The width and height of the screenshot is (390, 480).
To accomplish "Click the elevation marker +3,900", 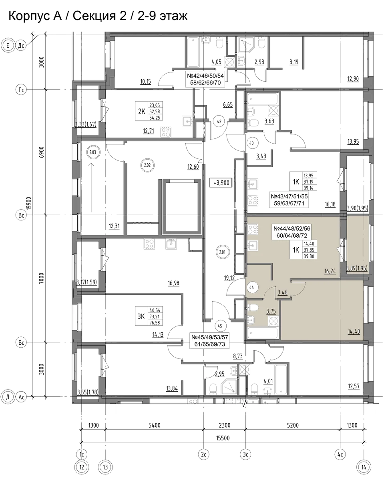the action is click(x=221, y=182).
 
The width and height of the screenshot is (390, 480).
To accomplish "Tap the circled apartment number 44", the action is click(x=251, y=287).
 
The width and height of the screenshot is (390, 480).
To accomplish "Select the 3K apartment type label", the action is click(x=141, y=317).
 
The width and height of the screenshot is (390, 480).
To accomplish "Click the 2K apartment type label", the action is click(x=141, y=111).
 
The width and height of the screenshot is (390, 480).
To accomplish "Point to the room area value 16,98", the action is click(x=173, y=283).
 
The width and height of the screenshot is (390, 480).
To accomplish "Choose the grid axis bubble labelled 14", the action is click(x=364, y=467).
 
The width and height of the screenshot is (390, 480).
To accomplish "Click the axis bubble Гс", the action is click(x=21, y=90).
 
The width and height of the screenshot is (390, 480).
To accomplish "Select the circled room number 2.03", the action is click(x=93, y=152).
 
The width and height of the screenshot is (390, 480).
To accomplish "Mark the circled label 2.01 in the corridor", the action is click(x=222, y=252).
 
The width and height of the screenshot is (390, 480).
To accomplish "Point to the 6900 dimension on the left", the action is click(x=41, y=152).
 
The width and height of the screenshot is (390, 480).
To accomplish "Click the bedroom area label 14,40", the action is click(x=354, y=331).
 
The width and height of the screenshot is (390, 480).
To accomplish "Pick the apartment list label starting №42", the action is click(x=205, y=79).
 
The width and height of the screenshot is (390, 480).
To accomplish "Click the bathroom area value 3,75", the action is click(x=271, y=311).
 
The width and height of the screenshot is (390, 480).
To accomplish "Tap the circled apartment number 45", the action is click(x=220, y=326).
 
